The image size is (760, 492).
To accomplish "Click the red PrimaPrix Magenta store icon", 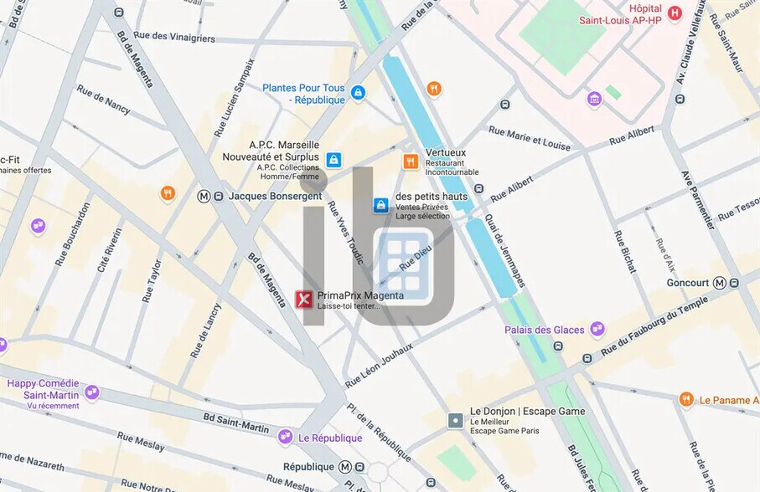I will (304, 300).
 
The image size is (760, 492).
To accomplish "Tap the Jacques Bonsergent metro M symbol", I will (204, 196).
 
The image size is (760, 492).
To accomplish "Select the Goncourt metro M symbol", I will (720, 283).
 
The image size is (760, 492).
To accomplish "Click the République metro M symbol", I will (345, 467).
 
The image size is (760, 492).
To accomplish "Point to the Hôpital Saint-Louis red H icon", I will (675, 13).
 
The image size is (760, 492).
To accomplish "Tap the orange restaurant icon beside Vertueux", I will (411, 161).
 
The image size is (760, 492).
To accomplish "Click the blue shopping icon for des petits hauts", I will (380, 204).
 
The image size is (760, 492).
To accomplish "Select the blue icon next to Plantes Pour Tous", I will (358, 92).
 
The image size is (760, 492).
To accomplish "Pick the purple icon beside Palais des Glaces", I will (597, 329).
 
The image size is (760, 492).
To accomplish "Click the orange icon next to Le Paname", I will (686, 400).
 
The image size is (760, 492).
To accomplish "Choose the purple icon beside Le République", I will (286, 437).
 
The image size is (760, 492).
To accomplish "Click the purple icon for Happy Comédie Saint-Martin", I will (92, 392).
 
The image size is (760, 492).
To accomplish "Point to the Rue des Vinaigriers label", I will (174, 38).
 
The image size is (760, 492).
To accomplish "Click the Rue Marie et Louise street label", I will (530, 138).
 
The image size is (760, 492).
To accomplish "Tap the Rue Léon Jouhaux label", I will (379, 365).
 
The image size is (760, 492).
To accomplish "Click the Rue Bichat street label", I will (625, 251).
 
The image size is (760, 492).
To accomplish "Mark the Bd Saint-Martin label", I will (236, 422).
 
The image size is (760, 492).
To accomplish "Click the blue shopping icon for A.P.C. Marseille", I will (333, 159).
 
